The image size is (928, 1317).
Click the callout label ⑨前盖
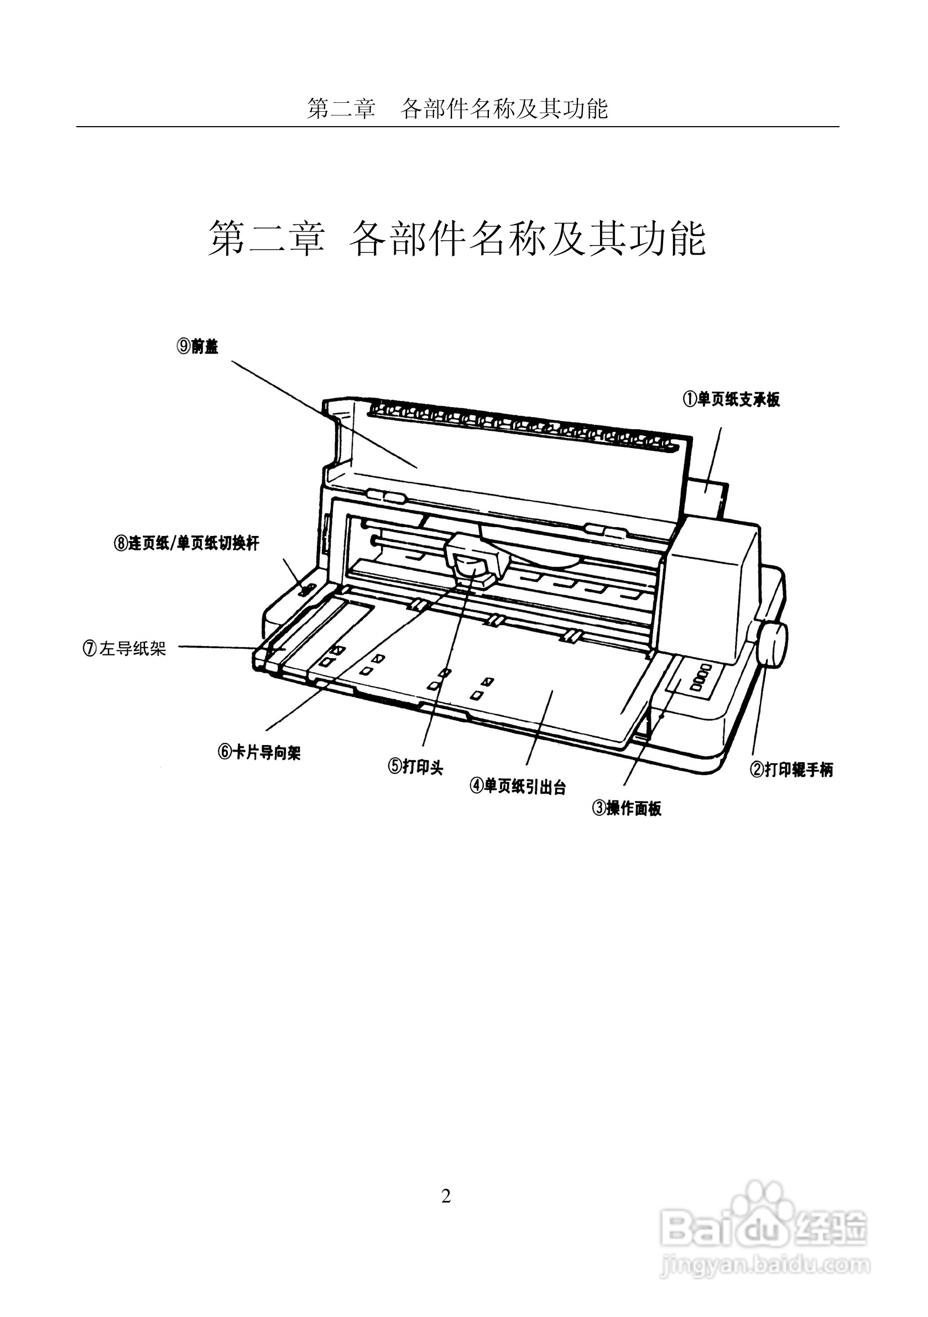(x=198, y=346)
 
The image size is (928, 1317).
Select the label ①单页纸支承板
(x=731, y=399)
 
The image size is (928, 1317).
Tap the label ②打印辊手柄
(x=791, y=770)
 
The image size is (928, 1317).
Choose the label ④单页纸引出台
(x=517, y=787)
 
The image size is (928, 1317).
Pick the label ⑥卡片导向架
(x=259, y=752)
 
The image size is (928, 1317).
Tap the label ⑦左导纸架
(x=124, y=649)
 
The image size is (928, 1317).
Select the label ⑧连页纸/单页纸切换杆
(x=186, y=543)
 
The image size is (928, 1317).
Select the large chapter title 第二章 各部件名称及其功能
(x=457, y=238)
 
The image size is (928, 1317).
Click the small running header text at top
(x=457, y=108)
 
